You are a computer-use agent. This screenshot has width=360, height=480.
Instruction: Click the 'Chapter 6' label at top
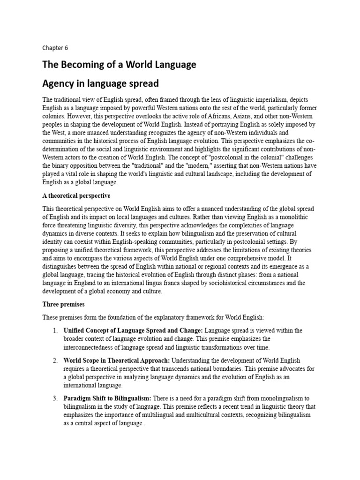[55, 47]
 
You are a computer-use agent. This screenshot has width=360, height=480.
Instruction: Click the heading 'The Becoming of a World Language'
[119, 65]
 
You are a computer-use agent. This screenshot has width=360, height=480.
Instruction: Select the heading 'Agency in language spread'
[101, 84]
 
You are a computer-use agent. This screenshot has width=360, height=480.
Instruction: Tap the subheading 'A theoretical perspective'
[76, 195]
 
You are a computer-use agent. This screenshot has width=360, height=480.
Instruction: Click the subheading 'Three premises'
[63, 304]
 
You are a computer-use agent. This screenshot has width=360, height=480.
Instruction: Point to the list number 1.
[55, 330]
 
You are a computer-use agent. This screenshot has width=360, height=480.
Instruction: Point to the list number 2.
[55, 360]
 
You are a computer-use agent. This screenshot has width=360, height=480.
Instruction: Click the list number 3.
[55, 398]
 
